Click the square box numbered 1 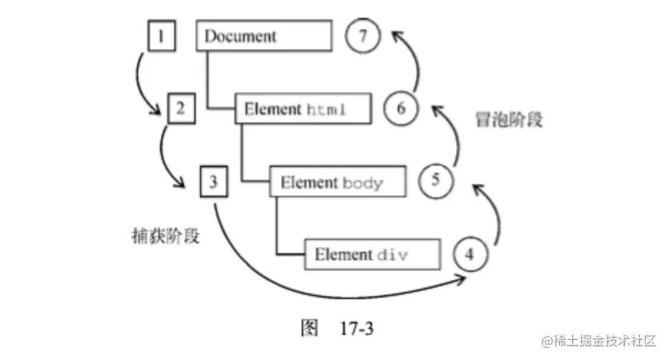pyautogui.click(x=162, y=36)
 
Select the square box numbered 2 pyautogui.click(x=180, y=109)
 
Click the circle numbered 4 pyautogui.click(x=469, y=255)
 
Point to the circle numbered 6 pyautogui.click(x=400, y=109)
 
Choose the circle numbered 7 pyautogui.click(x=362, y=36)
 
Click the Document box pyautogui.click(x=264, y=36)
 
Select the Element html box pyautogui.click(x=303, y=110)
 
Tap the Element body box pyautogui.click(x=338, y=182)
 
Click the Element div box pyautogui.click(x=372, y=255)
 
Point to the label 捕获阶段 pyautogui.click(x=161, y=235)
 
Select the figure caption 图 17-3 pyautogui.click(x=337, y=329)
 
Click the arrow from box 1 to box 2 pyautogui.click(x=138, y=82)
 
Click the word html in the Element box pyautogui.click(x=327, y=110)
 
